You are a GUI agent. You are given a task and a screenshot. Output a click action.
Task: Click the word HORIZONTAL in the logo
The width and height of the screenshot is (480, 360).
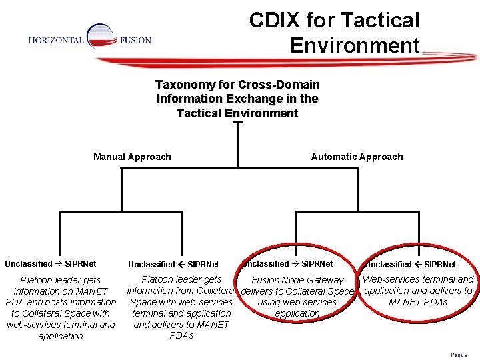coord(56,40)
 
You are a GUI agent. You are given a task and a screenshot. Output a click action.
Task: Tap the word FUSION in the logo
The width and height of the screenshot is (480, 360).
coord(135,40)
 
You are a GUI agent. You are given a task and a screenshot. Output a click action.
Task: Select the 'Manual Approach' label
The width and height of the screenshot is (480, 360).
coord(132,157)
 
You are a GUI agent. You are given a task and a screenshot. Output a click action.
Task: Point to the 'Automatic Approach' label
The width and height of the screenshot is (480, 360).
coord(357,157)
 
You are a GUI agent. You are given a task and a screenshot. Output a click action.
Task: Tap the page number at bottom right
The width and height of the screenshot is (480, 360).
coord(460,355)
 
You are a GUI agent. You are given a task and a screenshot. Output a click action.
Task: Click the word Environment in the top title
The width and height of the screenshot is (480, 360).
coord(355,46)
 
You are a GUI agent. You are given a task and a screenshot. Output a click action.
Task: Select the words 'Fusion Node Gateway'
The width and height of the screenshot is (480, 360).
coord(297,281)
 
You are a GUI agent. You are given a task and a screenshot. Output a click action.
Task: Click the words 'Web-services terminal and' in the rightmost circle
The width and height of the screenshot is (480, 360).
coord(418,279)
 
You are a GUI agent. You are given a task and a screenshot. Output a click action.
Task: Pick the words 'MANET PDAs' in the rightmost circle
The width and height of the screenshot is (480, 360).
coord(418,302)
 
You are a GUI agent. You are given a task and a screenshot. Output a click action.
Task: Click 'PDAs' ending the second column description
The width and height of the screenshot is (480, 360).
coord(181,335)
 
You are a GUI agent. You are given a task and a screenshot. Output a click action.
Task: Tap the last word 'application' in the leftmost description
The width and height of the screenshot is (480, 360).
coord(61,336)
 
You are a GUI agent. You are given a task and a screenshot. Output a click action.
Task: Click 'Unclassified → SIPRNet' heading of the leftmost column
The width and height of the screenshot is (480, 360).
coord(50,264)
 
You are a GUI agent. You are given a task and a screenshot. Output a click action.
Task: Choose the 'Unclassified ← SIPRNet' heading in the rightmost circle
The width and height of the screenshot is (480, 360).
coord(410,265)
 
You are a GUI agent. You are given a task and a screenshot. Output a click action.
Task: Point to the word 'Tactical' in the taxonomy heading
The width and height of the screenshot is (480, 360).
coord(199,113)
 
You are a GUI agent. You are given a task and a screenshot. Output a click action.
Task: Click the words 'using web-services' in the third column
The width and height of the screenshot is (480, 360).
coord(297,302)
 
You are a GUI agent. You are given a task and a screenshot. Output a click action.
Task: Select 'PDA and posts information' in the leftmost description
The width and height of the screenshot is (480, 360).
coord(61,302)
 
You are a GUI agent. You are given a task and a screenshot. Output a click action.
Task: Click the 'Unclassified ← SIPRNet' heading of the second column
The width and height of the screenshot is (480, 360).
coord(173,265)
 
